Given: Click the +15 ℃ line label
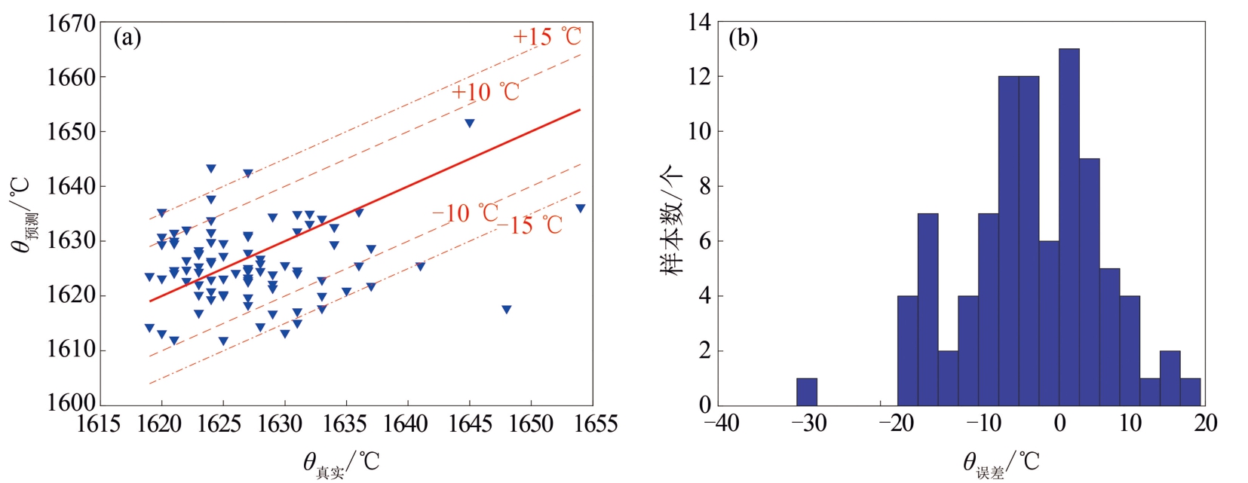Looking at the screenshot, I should click(547, 35).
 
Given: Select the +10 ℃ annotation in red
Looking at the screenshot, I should click(486, 92).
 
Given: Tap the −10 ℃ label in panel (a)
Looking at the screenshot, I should click(465, 213).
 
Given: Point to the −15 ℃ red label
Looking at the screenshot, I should click(530, 225).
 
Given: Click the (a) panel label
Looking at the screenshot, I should click(127, 37).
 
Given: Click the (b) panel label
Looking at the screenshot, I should click(743, 38).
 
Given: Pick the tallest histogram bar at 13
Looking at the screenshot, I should click(1069, 226).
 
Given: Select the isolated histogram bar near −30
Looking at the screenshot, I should click(807, 391).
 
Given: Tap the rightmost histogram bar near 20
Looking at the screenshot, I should click(1190, 391).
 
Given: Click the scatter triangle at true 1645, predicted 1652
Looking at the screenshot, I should click(470, 123).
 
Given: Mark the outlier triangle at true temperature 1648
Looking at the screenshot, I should click(507, 309).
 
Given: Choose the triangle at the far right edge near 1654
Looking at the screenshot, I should click(580, 208).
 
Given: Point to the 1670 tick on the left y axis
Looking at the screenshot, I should click(72, 23).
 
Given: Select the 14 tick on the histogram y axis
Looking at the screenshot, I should click(699, 22).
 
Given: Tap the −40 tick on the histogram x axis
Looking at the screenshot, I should click(722, 423).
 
